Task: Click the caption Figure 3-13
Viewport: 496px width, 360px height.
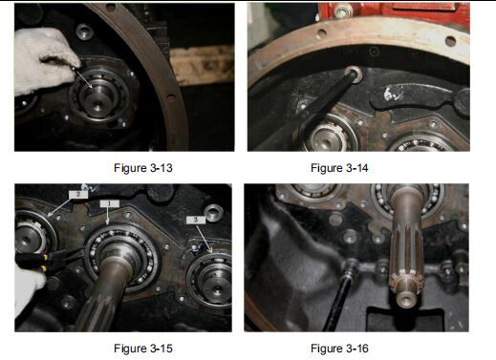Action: [x=143, y=168]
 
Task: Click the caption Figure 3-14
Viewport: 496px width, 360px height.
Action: [x=339, y=168]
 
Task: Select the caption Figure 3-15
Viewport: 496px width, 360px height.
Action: [x=143, y=348]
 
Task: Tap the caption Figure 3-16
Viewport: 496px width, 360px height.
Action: [x=339, y=348]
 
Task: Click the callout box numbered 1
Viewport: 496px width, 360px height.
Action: [x=109, y=203]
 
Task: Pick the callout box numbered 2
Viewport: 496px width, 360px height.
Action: [x=78, y=194]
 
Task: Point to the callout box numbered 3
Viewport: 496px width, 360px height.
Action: [x=195, y=220]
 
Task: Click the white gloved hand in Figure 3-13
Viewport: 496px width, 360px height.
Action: [x=45, y=60]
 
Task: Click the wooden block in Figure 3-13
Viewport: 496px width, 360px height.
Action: [x=202, y=65]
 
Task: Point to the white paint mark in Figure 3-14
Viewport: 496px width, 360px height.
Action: [x=390, y=94]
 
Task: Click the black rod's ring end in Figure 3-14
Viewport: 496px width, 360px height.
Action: [x=355, y=74]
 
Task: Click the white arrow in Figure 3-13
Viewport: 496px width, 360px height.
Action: [x=83, y=79]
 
